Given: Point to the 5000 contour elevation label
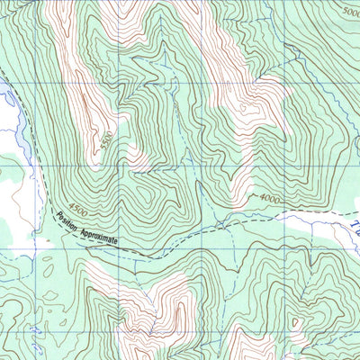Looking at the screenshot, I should pyautogui.click(x=350, y=11).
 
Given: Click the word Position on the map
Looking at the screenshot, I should pyautogui.click(x=68, y=220).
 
